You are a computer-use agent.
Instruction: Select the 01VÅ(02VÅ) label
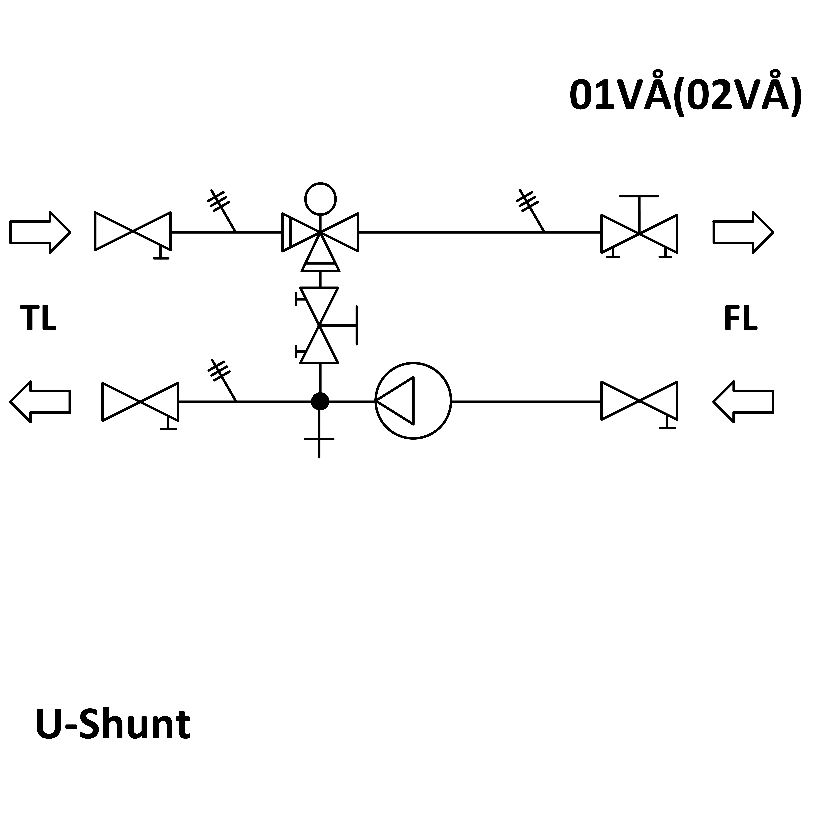pyautogui.click(x=685, y=95)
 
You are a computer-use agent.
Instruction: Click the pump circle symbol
pyautogui.click(x=413, y=401)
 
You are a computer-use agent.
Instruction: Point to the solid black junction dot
pyautogui.click(x=320, y=401)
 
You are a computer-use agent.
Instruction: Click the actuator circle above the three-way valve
pyautogui.click(x=320, y=199)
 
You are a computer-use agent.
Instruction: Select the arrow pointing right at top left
pyautogui.click(x=40, y=232)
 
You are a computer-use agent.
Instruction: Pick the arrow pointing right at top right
pyautogui.click(x=743, y=232)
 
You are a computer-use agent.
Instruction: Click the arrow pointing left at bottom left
pyautogui.click(x=40, y=401)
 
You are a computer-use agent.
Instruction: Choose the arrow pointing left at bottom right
pyautogui.click(x=743, y=401)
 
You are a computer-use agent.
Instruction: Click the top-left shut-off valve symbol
pyautogui.click(x=133, y=232)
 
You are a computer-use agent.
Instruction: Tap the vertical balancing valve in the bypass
pyautogui.click(x=319, y=325)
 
